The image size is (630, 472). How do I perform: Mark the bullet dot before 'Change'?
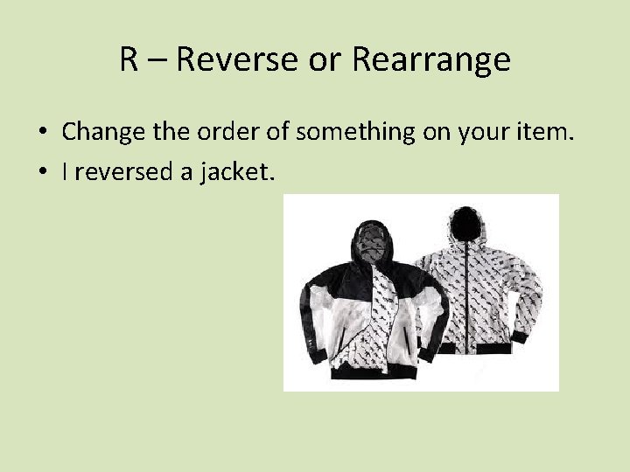[42, 133]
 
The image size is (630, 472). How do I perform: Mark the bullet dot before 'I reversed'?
[42, 174]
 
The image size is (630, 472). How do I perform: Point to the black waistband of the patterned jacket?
[488, 350]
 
